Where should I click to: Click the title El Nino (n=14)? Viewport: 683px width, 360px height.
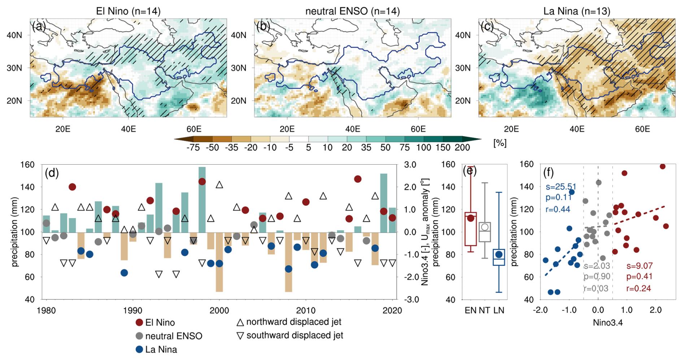point(128,11)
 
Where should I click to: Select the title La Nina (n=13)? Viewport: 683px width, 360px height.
point(577,11)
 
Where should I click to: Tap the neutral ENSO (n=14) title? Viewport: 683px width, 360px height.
point(352,11)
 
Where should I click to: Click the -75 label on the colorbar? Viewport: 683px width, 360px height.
point(193,147)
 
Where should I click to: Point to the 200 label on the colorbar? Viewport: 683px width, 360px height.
point(462,147)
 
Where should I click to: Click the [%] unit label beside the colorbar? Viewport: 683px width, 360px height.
point(500,143)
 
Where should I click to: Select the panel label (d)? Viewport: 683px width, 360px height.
point(52,173)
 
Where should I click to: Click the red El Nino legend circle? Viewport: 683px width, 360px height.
point(139,322)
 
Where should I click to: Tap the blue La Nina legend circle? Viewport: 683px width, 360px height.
point(139,350)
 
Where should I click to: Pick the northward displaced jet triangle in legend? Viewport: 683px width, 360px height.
point(240,322)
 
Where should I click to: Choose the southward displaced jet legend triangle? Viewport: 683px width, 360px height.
point(240,336)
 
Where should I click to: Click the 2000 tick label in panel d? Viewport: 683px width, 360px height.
point(219,311)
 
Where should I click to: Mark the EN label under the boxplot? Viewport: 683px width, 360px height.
point(470,311)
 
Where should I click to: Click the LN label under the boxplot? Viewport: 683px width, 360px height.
point(499,311)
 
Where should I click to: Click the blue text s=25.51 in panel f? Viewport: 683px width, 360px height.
point(561,187)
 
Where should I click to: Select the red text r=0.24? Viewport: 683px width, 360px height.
point(639,289)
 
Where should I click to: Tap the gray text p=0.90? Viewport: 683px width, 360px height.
point(597,277)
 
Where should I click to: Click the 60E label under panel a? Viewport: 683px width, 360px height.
point(194,129)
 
